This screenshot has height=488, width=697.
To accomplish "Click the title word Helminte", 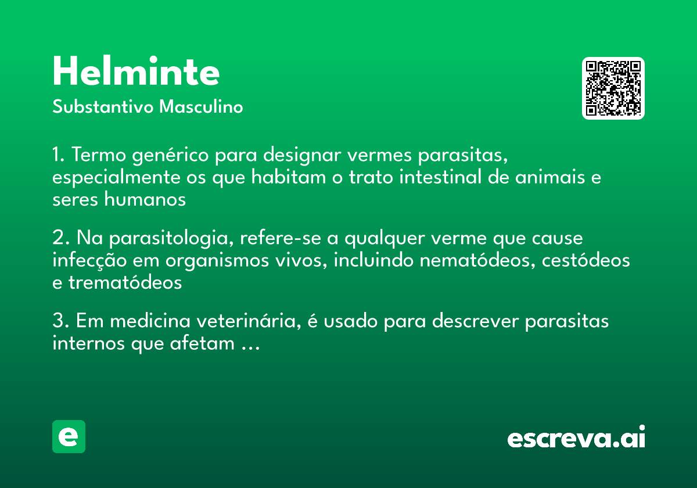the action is tap(136, 71).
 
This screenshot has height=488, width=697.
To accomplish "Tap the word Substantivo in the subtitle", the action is tap(103, 106).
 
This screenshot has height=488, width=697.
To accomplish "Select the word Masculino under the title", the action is tap(201, 106).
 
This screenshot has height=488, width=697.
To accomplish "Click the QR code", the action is tap(613, 88).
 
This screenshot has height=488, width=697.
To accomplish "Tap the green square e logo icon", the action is tap(69, 436).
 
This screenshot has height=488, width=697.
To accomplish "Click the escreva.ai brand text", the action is tap(576, 437).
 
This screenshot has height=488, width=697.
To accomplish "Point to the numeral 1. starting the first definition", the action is tap(58, 155).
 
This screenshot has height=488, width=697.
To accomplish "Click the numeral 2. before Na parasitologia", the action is tap(60, 238).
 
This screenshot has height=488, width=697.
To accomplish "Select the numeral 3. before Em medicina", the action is tap(60, 321).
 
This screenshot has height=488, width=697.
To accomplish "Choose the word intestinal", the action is tap(440, 177).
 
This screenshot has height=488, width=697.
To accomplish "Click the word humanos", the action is tap(145, 199).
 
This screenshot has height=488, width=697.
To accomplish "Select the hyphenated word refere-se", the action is tap(281, 238).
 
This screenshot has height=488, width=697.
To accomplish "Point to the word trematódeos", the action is tap(125, 282).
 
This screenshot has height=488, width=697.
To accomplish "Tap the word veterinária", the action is tap(249, 321).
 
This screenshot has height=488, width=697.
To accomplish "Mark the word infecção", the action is tap(89, 261).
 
